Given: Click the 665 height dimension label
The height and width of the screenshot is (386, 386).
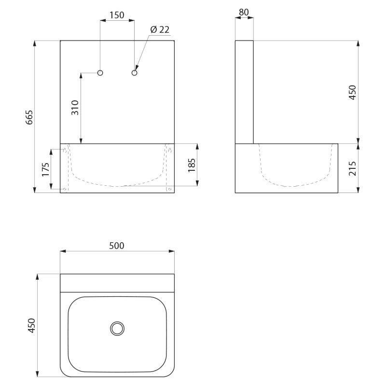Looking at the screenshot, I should click(x=29, y=117).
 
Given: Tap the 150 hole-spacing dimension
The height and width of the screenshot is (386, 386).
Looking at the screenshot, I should click(x=117, y=15).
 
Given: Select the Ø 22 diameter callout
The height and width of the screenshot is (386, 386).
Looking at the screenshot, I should click(x=160, y=29).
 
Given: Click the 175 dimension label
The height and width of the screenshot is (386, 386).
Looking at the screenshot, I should click(x=45, y=169).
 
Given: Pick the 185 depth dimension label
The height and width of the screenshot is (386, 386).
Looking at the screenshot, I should click(x=192, y=165).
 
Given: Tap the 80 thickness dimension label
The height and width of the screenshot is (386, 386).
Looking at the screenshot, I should click(x=244, y=12).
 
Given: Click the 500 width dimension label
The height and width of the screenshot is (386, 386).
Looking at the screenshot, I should click(x=117, y=246).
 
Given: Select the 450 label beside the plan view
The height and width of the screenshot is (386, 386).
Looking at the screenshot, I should click(x=32, y=325).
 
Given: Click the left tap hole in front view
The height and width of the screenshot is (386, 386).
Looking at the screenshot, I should click(x=100, y=73).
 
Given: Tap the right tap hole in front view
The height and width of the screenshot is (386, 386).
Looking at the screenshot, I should click(x=135, y=73).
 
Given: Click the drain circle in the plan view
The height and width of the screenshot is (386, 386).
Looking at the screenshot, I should click(x=117, y=328).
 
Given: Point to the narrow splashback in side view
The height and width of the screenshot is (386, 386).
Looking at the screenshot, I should click(x=244, y=92).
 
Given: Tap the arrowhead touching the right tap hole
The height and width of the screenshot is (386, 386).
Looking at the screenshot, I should click(x=137, y=68).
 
